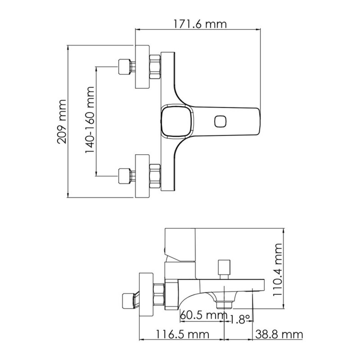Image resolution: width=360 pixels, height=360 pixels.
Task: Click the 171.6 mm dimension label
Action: coord(199,24)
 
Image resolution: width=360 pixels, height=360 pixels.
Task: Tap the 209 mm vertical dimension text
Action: coord(61,122)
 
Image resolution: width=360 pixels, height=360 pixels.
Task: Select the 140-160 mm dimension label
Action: coord(89,120)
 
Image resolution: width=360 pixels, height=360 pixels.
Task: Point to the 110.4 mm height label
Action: coord(277,270)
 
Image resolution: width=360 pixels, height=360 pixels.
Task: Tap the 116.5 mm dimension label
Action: coord(183,334)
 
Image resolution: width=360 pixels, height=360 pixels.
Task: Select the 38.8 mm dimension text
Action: coord(279,334)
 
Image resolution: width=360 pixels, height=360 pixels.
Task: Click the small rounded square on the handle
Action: coord(221,121)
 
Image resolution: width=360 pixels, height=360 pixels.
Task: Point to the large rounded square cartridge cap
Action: coord(177,121)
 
